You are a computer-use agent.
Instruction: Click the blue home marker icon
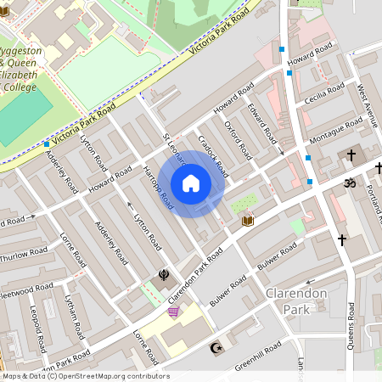(191, 183)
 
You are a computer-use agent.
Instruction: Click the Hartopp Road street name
(159, 188)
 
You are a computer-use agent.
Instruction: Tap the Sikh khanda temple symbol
(157, 276)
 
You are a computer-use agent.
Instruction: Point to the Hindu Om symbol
(347, 183)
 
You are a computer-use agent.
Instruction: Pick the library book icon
(248, 222)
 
